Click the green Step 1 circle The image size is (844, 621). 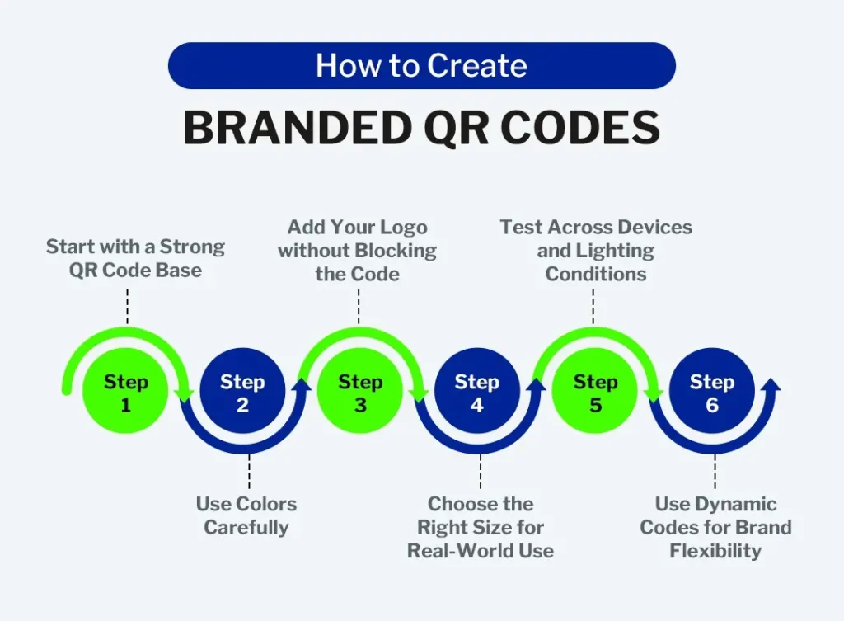click(125, 390)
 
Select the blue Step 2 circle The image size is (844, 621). click(243, 390)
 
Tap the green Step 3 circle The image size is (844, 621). click(360, 390)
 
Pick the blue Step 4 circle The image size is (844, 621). click(477, 390)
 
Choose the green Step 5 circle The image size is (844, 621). click(595, 390)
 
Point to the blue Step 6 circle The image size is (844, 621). click(712, 390)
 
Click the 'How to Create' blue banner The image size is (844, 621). click(422, 66)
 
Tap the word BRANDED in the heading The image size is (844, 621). click(298, 128)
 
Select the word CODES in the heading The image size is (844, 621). click(580, 128)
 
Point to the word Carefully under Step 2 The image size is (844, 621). click(246, 528)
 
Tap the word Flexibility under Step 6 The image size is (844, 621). click(715, 552)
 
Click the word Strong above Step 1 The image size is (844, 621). click(192, 247)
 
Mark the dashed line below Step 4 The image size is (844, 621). click(481, 472)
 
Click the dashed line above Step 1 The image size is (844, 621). click(128, 307)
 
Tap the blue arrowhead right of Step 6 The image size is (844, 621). click(771, 384)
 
